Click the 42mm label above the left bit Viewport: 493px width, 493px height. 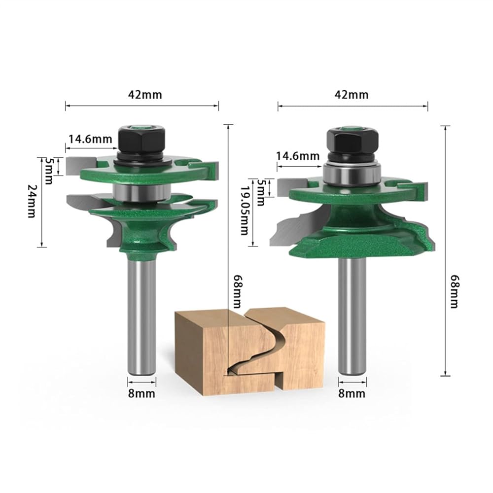pos(145,95)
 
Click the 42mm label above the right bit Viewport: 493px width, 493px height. pos(352,95)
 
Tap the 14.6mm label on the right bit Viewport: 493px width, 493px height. pos(297,156)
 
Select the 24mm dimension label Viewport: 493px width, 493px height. pos(32,201)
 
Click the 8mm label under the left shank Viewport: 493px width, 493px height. pos(141,393)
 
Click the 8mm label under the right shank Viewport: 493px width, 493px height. pos(352,393)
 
